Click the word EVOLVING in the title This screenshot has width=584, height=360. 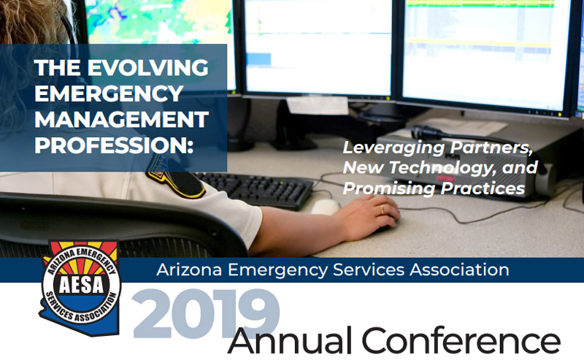click(147, 67)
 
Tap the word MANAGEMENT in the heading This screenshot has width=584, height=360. click(121, 119)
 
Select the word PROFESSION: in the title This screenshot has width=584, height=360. click(114, 145)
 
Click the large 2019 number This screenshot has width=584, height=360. click(206, 313)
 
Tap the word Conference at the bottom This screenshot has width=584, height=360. click(461, 340)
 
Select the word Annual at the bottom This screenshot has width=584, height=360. click(290, 340)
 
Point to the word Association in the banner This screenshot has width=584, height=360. click(459, 269)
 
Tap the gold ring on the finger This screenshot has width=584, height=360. click(382, 210)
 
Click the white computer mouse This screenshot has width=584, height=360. click(325, 207)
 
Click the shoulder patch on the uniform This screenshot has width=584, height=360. click(175, 177)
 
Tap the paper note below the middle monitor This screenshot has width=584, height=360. click(318, 105)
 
